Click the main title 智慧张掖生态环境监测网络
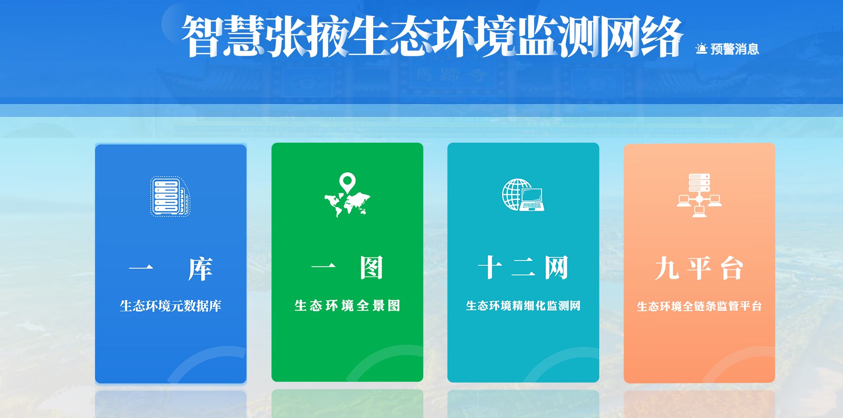pos(432,36)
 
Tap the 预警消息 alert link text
pos(735,49)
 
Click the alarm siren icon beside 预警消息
pos(701,48)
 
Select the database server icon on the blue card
pos(170,196)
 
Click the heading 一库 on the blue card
pos(170,269)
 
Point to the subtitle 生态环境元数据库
pos(170,306)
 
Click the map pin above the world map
pos(347,183)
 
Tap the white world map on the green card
pos(347,204)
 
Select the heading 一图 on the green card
pos(347,268)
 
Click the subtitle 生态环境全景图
pos(347,306)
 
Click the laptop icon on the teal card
pos(532,200)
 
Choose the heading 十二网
pos(523,268)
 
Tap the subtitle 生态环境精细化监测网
pos(523,306)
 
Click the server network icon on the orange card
pos(699,195)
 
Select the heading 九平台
pos(699,268)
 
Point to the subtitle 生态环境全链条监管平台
pos(699,306)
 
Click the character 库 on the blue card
pos(200,269)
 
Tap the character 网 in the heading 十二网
pos(556,268)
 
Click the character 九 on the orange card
pos(667,268)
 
